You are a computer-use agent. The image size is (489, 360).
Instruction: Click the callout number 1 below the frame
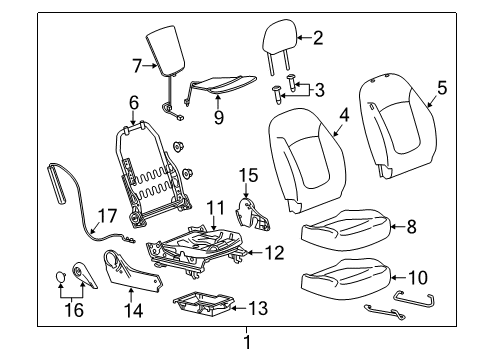pos(247,343)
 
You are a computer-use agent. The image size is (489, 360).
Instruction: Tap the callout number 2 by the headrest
pos(318,39)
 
